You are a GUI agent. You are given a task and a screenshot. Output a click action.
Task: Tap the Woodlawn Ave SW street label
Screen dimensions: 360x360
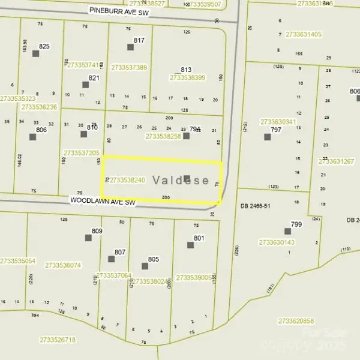pyautogui.click(x=103, y=203)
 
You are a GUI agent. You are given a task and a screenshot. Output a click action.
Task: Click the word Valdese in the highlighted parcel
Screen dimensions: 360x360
pyautogui.click(x=181, y=180)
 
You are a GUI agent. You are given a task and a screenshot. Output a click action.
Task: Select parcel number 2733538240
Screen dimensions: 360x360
pyautogui.click(x=127, y=180)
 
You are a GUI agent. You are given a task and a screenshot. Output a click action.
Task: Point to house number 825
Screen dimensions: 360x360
pyautogui.click(x=44, y=46)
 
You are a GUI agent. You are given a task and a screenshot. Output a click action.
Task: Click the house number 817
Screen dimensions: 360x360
pyautogui.click(x=139, y=40)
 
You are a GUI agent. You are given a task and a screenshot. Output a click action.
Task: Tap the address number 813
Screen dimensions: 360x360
pyautogui.click(x=186, y=70)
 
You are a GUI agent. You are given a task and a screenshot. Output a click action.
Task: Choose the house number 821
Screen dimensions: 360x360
pyautogui.click(x=94, y=78)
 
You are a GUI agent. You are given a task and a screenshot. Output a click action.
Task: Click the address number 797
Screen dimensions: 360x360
pyautogui.click(x=276, y=130)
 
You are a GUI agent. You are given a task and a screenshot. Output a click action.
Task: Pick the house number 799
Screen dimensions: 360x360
pyautogui.click(x=296, y=224)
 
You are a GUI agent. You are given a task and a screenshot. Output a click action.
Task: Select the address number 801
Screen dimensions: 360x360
pyautogui.click(x=199, y=238)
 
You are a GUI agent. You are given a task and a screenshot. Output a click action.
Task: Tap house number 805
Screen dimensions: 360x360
pyautogui.click(x=154, y=259)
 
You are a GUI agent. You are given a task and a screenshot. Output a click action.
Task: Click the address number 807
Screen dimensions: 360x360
pyautogui.click(x=120, y=252)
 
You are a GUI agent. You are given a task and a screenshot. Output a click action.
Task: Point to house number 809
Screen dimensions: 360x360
pyautogui.click(x=97, y=231)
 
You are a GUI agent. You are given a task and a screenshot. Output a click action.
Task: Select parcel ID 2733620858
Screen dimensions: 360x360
pyautogui.click(x=296, y=322)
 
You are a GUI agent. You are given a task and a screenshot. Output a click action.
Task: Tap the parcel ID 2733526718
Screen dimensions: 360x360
pyautogui.click(x=58, y=340)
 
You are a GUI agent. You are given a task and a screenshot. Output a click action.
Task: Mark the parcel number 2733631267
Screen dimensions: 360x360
pyautogui.click(x=336, y=161)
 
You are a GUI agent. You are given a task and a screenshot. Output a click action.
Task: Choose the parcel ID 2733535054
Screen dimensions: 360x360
pyautogui.click(x=18, y=261)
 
